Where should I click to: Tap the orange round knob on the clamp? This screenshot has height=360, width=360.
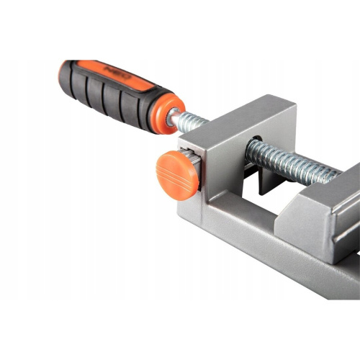coord(177,175)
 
